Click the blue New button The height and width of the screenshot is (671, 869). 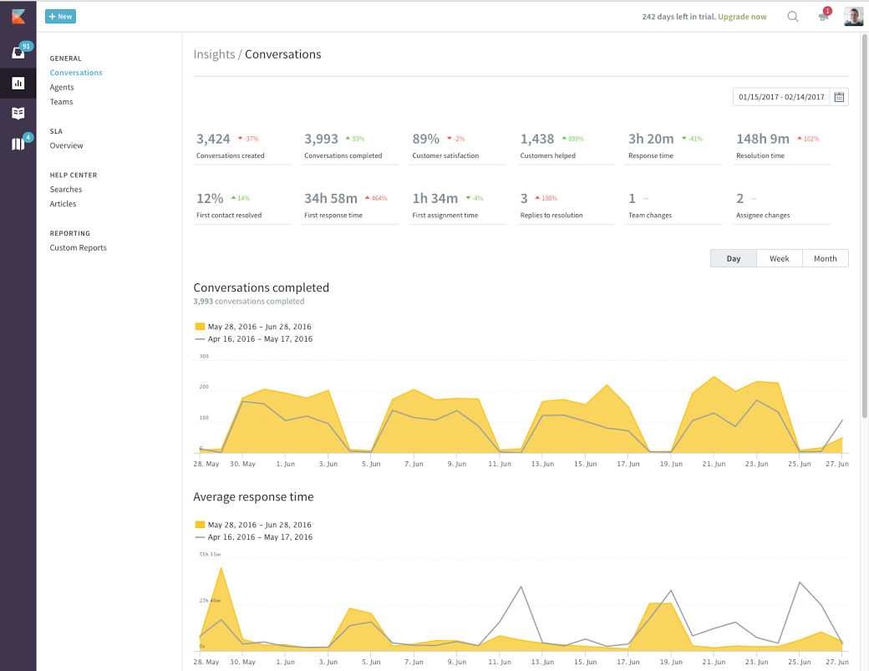(60, 17)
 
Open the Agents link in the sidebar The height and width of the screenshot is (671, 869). (62, 87)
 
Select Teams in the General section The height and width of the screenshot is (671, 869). (61, 102)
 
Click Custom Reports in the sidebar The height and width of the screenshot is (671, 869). (78, 247)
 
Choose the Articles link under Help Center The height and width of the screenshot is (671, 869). (63, 204)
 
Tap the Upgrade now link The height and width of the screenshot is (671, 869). (742, 17)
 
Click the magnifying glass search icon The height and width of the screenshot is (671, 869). (793, 17)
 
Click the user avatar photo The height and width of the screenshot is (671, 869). (853, 17)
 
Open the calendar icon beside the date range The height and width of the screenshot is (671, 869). (840, 97)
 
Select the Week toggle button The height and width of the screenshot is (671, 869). (779, 258)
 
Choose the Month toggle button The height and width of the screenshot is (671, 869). (825, 258)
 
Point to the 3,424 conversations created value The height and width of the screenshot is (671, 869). (213, 139)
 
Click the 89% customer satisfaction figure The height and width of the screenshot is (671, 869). (425, 139)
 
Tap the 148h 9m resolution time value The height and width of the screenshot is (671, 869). (762, 139)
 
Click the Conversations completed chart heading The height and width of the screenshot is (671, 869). (261, 287)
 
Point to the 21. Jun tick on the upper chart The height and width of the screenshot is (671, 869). (713, 463)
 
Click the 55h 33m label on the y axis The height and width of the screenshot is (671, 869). (210, 554)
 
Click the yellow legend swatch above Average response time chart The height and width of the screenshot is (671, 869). (200, 525)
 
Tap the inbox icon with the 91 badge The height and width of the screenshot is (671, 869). (18, 53)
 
